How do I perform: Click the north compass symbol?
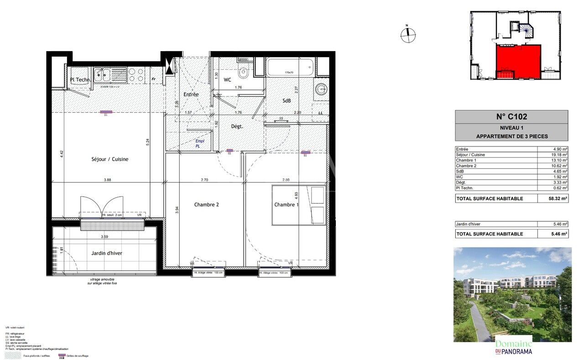[408, 35]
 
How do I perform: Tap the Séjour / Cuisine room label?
[109, 159]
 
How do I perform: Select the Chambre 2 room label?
[206, 204]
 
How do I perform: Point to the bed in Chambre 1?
[299, 205]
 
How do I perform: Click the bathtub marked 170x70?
[290, 68]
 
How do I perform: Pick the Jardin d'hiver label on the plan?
[106, 253]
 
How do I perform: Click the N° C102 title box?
[511, 117]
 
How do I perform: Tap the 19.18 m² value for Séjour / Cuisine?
[558, 155]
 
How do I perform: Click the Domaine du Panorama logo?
[513, 346]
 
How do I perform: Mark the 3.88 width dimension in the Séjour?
[107, 180]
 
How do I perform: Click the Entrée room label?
[191, 94]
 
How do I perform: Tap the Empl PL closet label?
[200, 144]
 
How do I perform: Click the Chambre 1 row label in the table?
[466, 160]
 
